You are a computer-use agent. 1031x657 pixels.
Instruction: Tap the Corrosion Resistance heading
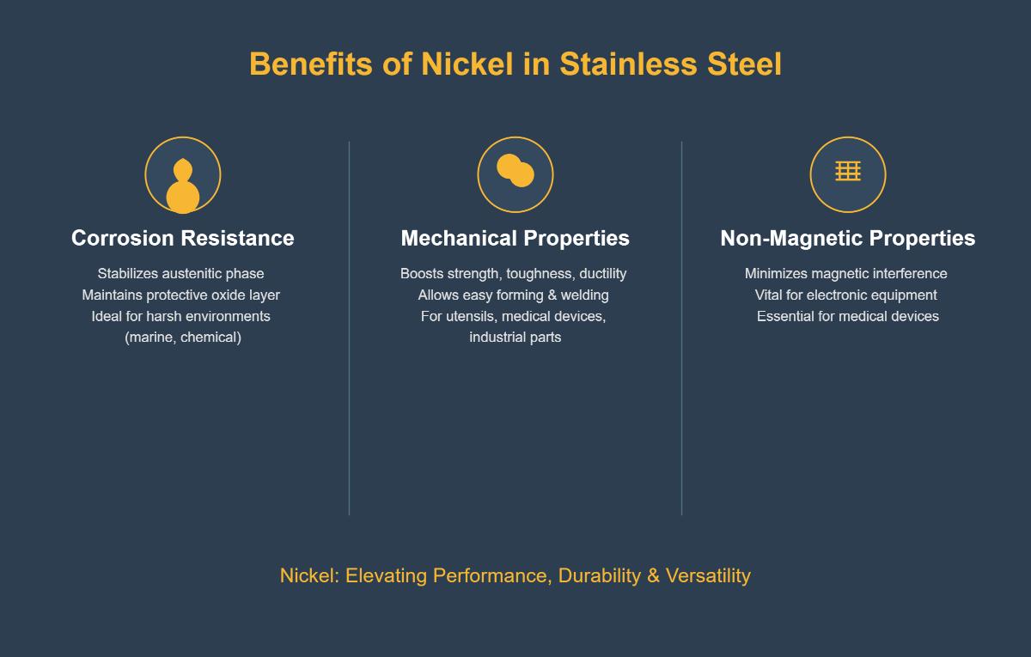[183, 238]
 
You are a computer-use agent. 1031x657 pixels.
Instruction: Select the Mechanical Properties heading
[515, 238]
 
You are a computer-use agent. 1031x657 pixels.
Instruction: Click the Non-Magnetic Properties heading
[848, 238]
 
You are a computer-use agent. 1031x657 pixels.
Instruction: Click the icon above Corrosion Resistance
[183, 175]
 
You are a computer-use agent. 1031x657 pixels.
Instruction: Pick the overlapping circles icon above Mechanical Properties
[515, 172]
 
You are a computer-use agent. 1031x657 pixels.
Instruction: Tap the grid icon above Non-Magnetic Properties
[848, 171]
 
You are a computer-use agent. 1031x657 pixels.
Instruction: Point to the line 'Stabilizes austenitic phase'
[181, 274]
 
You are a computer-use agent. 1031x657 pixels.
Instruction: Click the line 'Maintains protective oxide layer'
[181, 295]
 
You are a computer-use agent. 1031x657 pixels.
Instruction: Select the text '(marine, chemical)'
[183, 338]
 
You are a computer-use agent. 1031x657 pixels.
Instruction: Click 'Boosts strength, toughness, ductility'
[514, 274]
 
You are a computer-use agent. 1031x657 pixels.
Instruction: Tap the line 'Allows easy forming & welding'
[514, 295]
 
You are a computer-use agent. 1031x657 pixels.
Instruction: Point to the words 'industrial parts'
[515, 338]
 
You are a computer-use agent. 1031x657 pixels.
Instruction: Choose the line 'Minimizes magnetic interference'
[846, 274]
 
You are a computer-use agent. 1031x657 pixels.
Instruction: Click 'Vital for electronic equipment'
[846, 295]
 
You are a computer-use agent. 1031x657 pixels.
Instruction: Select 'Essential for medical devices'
[848, 316]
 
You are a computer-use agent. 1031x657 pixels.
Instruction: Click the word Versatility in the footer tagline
[708, 575]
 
